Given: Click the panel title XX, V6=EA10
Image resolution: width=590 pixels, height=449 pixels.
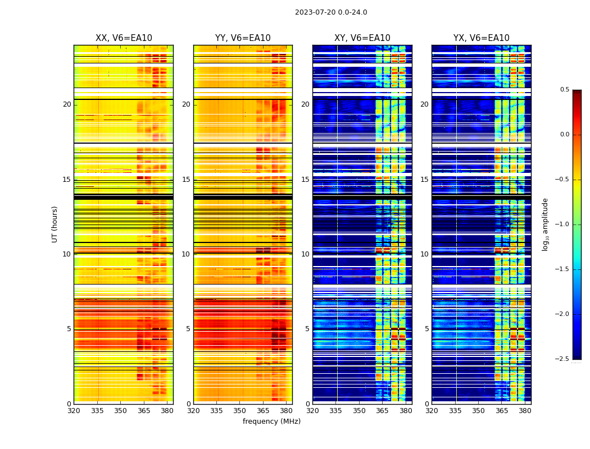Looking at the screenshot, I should [x=124, y=38].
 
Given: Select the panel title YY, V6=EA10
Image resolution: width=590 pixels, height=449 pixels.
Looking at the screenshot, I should [x=243, y=38].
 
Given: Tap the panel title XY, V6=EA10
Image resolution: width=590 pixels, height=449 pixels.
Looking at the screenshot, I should [x=362, y=38].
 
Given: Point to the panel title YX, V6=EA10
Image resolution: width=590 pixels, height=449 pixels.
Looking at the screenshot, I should [x=481, y=38].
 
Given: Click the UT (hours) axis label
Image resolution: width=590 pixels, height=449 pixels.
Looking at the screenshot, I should [x=55, y=224].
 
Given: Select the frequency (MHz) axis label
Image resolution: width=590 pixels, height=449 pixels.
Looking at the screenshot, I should [x=271, y=421].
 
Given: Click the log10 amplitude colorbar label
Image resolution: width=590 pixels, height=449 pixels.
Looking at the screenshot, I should [x=545, y=224].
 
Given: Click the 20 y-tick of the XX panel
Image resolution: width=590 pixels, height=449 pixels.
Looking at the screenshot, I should [x=67, y=104].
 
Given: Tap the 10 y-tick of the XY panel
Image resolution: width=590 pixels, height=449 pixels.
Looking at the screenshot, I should [x=305, y=254].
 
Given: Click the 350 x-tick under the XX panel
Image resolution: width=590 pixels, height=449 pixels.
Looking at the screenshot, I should [x=120, y=410].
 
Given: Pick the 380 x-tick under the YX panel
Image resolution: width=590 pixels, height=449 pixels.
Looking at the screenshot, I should [x=525, y=410].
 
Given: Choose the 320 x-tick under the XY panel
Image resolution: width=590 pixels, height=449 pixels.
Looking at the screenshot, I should [x=312, y=410].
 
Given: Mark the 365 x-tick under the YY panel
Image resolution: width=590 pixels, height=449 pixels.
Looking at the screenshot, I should [x=263, y=410].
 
